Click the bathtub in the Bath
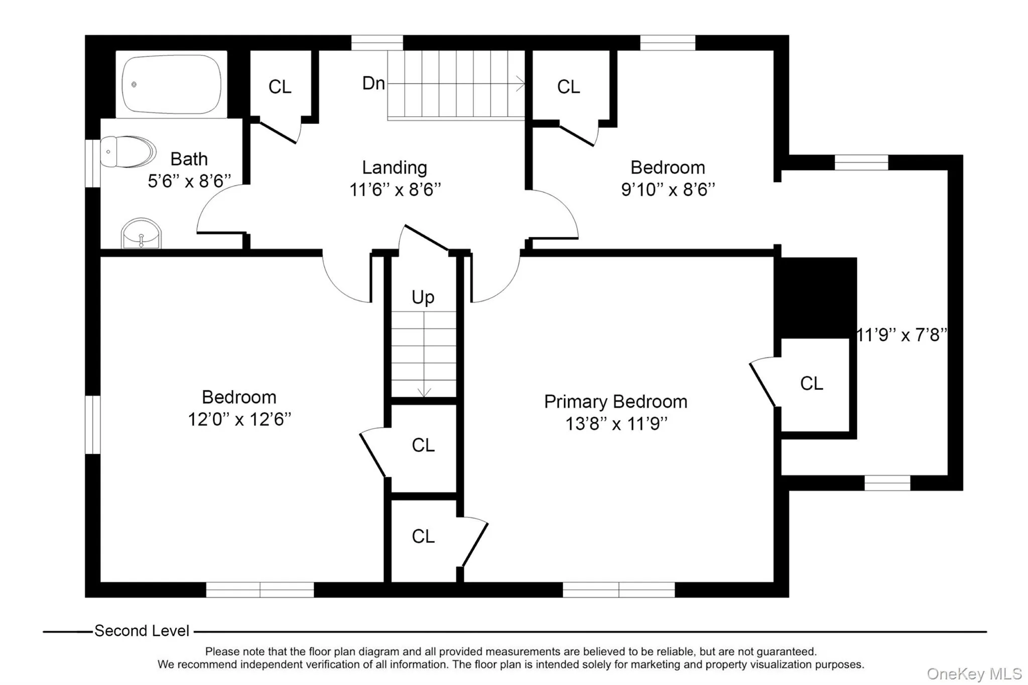(x=172, y=84)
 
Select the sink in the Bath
(x=141, y=234)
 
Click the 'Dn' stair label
(x=373, y=83)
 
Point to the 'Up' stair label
(x=423, y=297)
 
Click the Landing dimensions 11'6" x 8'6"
(x=395, y=190)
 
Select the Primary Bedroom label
(x=615, y=401)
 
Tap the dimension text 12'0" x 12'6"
(x=239, y=419)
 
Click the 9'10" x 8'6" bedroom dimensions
(x=668, y=190)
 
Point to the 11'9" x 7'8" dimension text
(x=902, y=335)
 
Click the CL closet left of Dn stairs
(x=280, y=87)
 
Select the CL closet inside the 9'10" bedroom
(x=568, y=87)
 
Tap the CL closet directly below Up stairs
(x=423, y=445)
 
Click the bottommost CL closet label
(x=423, y=536)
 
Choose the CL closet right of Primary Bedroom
(x=811, y=383)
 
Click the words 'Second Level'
(x=142, y=631)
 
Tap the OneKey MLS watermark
(x=974, y=673)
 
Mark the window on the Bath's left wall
(x=92, y=163)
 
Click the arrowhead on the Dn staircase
(x=522, y=84)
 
